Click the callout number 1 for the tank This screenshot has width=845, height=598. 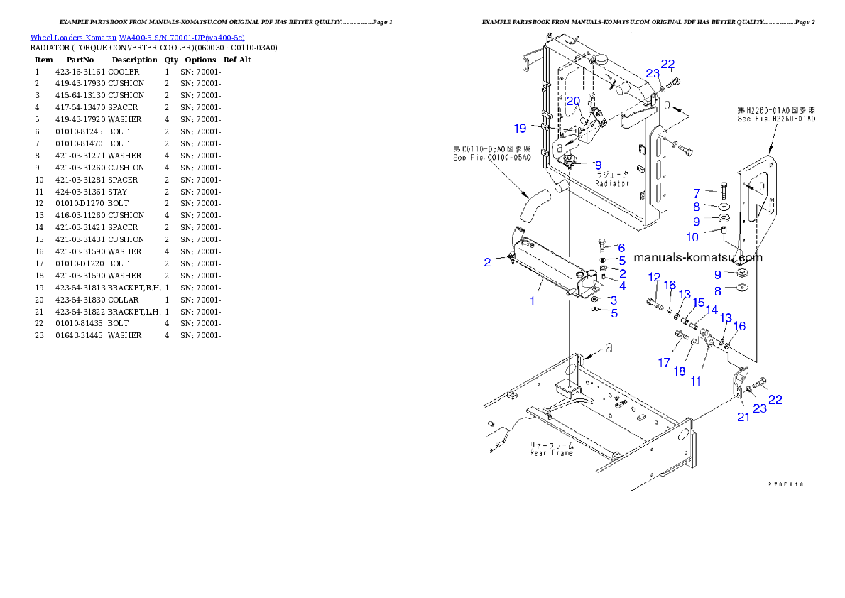[532, 301]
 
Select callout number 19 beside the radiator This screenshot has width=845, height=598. [520, 129]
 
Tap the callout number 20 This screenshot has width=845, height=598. [573, 102]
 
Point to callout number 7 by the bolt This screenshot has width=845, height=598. [697, 193]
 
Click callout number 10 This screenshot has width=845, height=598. [692, 237]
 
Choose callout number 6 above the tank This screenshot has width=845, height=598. [621, 248]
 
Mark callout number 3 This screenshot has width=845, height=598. [614, 300]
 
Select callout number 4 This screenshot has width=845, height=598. [622, 286]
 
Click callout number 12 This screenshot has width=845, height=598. [654, 277]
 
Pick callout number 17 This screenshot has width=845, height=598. [664, 363]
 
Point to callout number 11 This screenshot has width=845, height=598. [696, 381]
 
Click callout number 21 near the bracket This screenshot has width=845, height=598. [743, 417]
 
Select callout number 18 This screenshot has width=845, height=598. [680, 372]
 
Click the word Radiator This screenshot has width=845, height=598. [612, 183]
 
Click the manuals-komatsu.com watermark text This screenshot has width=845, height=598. [697, 258]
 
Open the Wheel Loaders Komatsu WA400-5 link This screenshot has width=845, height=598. [137, 38]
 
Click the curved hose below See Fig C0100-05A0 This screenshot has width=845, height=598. [528, 207]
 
